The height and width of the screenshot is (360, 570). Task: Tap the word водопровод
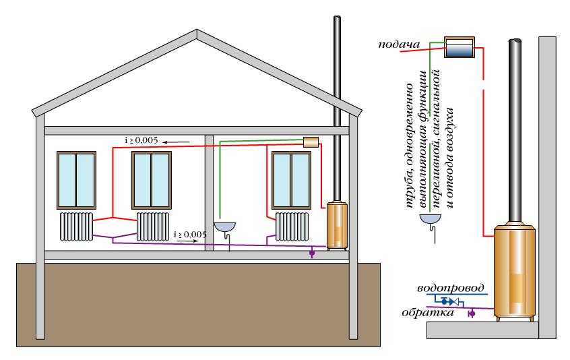pos(452,288)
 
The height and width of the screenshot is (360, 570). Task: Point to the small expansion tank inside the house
pos(311,142)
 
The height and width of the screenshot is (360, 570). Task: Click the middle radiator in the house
pos(153,227)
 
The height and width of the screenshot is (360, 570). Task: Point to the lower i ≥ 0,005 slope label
pos(191,233)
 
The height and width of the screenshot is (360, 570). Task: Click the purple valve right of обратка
pos(471,313)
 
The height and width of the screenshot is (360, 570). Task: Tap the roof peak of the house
pos(196,30)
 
